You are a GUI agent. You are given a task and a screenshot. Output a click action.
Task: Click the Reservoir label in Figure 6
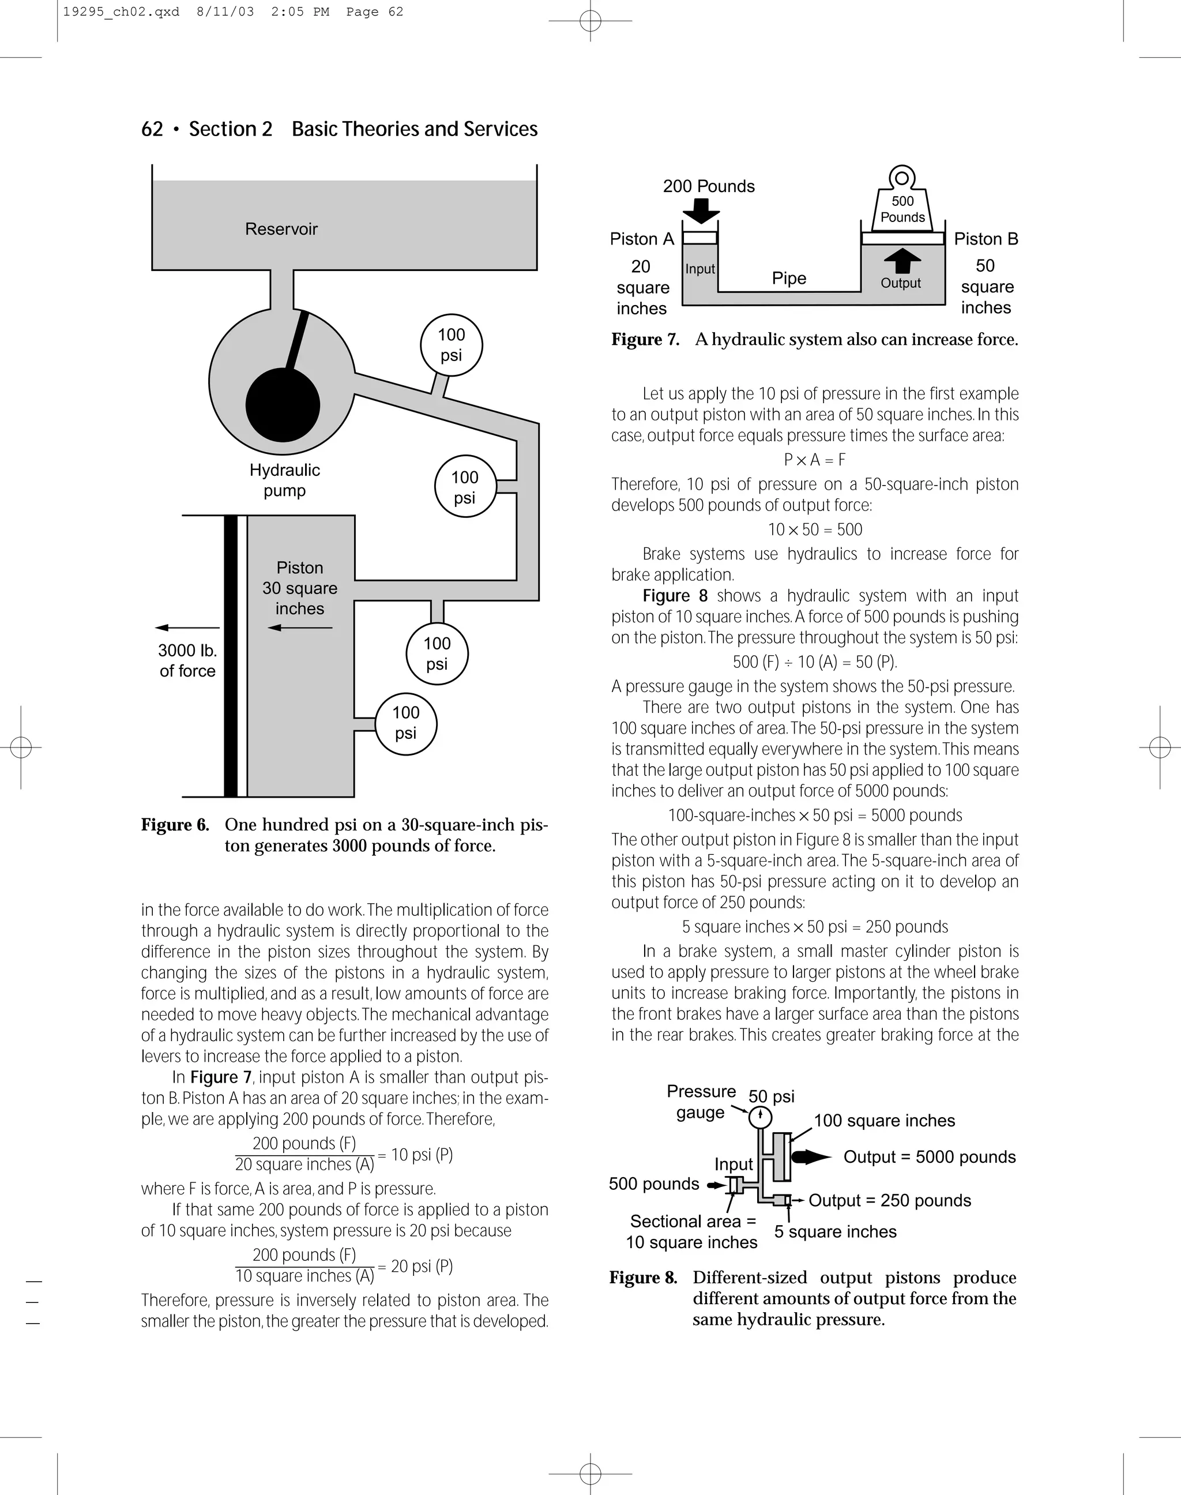point(281,229)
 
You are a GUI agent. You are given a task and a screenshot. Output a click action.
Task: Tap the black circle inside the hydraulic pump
point(282,404)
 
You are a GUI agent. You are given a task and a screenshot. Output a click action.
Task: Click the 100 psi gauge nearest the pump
point(451,344)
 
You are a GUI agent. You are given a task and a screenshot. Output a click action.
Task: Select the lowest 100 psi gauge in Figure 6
point(406,723)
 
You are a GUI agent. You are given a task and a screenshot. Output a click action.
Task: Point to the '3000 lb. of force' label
point(187,660)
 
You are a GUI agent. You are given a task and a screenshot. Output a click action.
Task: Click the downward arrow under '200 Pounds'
point(701,210)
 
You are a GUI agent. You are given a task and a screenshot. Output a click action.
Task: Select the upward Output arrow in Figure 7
point(902,261)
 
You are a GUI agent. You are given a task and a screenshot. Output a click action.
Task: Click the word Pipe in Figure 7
point(789,278)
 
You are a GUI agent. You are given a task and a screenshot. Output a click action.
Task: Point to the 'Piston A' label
point(641,239)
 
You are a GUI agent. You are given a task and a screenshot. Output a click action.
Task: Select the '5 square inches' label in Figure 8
point(834,1231)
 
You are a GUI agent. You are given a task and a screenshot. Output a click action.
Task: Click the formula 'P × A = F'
point(814,460)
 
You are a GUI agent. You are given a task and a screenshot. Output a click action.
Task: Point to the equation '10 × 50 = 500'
point(814,529)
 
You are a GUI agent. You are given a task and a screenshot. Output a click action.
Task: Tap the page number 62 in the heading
point(152,129)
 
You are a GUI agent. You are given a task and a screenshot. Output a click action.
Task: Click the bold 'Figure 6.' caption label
point(175,825)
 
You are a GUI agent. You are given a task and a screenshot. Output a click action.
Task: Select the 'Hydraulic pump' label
point(284,480)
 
